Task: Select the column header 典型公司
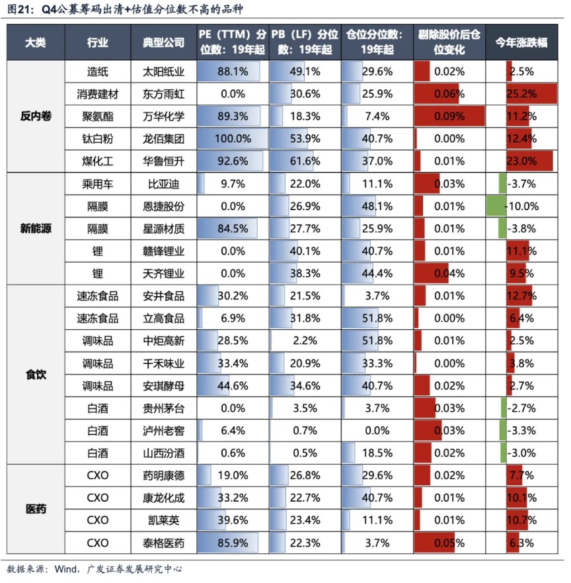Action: [x=163, y=42]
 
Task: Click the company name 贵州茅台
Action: [x=163, y=408]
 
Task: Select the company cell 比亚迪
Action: [x=163, y=184]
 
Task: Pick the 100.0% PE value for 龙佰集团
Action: [x=233, y=139]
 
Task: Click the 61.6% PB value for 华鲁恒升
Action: [x=305, y=161]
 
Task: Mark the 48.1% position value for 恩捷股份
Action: [x=377, y=206]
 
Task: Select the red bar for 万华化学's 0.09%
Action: [x=449, y=116]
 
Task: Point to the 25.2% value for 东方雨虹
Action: [x=522, y=94]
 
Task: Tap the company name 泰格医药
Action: [x=163, y=543]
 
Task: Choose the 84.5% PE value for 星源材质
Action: [x=233, y=229]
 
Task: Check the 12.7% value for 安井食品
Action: [x=522, y=296]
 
